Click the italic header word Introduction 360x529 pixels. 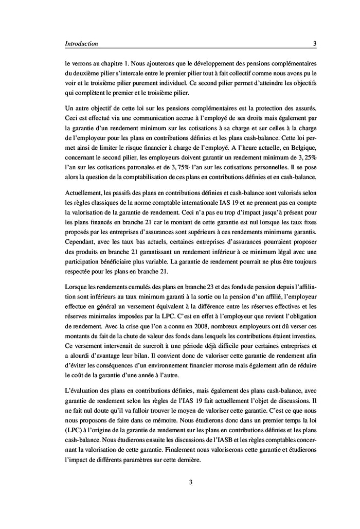81,44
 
